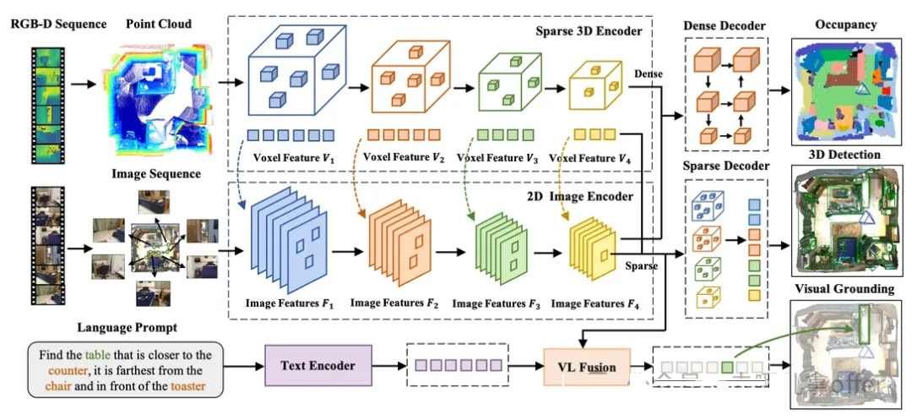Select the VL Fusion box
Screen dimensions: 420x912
pyautogui.click(x=587, y=367)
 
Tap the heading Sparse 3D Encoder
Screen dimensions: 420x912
pyautogui.click(x=589, y=31)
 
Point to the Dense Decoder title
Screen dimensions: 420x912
pyautogui.click(x=725, y=25)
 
